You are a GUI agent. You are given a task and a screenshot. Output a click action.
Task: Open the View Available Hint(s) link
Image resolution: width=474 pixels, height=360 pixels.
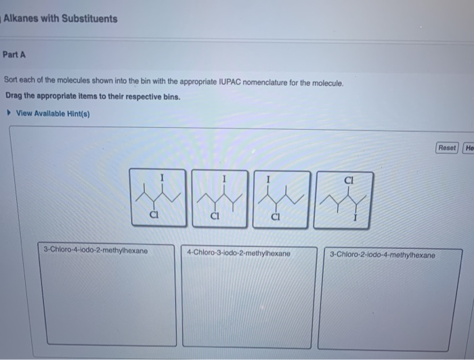[53, 113]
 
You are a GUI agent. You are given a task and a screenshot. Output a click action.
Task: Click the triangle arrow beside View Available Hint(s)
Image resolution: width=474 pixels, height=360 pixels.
[8, 113]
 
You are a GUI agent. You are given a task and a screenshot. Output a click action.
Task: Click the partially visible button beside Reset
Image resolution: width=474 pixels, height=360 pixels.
[469, 148]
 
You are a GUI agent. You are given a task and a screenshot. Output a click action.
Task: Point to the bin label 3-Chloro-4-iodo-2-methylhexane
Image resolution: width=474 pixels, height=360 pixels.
[95, 250]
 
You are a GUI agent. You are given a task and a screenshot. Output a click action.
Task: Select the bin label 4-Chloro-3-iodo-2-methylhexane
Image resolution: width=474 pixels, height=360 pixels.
[238, 253]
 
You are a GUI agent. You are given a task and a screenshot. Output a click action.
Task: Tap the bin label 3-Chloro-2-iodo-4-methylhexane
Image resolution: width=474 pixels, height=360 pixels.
[383, 255]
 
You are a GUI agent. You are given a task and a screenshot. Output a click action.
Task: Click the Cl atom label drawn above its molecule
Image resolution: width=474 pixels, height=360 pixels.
[349, 180]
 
